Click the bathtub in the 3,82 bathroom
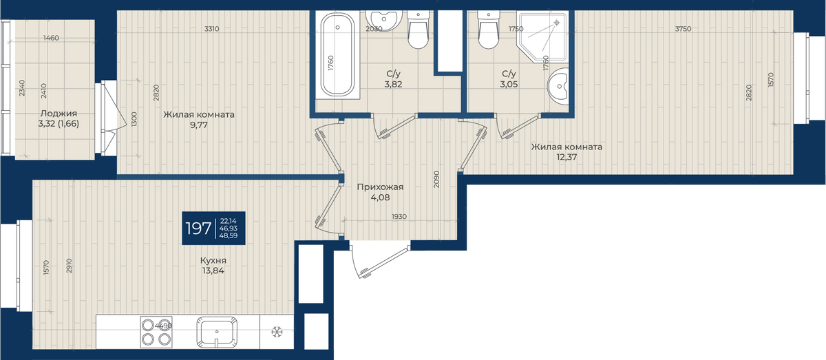337,54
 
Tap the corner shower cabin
542,36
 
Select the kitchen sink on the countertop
216,332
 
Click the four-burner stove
156,332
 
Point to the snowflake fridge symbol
277,332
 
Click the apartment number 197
198,229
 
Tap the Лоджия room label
59,114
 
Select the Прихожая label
380,187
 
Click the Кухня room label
213,260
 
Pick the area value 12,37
566,157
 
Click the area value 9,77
199,125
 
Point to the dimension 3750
683,29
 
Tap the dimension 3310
212,29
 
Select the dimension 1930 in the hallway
399,217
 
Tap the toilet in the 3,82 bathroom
419,30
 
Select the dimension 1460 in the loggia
51,38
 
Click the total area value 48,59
229,235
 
